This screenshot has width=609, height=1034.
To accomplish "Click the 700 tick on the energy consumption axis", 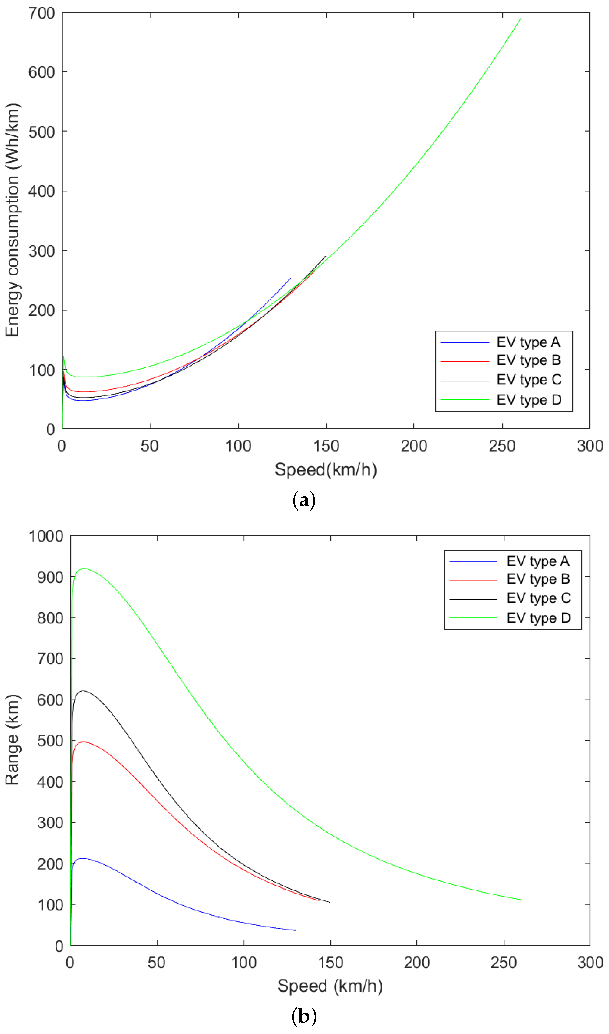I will (41, 13).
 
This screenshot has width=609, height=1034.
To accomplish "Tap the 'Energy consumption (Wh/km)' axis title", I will (12, 220).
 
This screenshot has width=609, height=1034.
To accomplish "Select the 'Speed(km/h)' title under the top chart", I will (326, 469).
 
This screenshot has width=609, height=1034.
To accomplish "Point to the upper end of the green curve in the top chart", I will (521, 18).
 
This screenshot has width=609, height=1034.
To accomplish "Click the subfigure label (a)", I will (304, 501).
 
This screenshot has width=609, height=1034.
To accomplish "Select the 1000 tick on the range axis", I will (46, 536).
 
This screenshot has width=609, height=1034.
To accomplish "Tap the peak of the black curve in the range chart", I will (83, 691).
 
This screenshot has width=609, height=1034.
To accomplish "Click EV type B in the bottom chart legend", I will (538, 579).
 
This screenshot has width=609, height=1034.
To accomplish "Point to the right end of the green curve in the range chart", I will (521, 900).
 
